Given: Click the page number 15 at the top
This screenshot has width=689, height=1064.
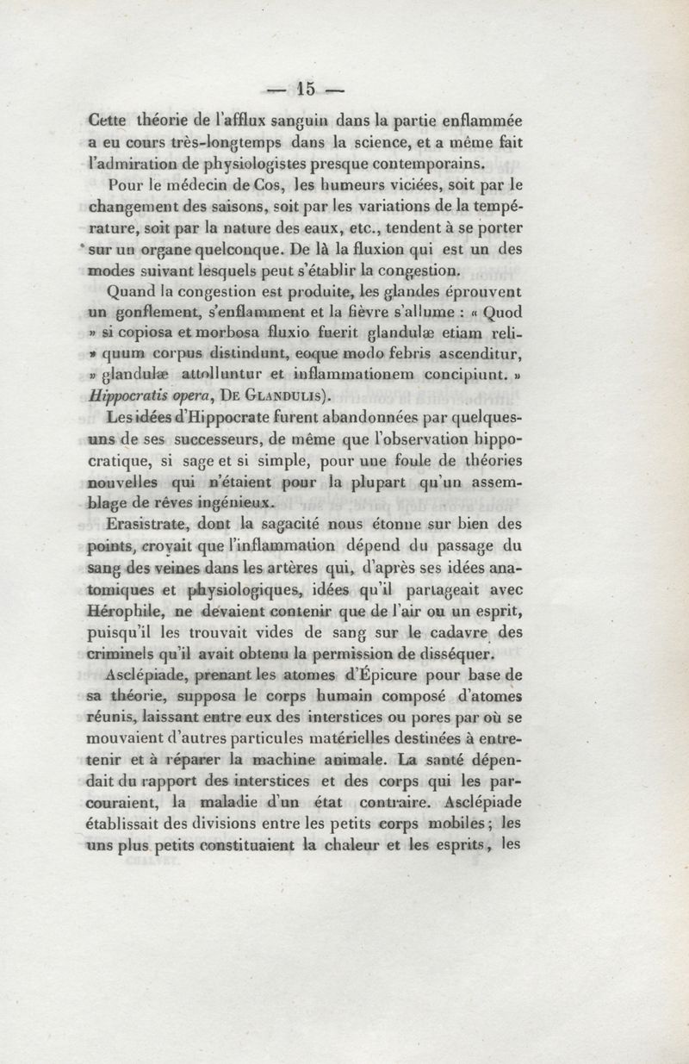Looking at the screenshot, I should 306,88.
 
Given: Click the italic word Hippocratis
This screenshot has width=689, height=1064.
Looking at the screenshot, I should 129,397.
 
